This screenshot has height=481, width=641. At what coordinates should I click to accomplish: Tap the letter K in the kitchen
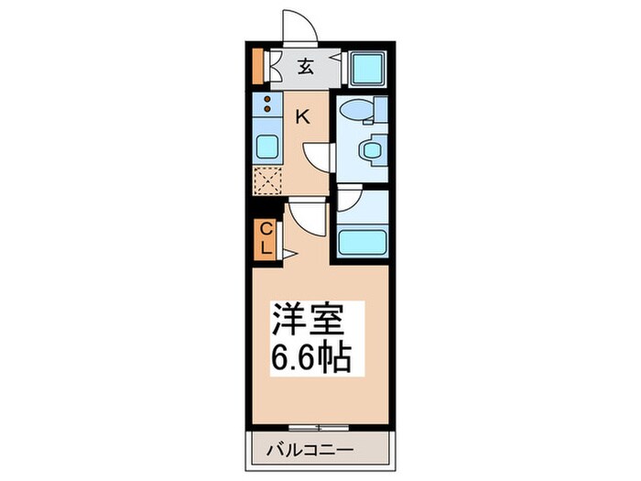[x=302, y=116]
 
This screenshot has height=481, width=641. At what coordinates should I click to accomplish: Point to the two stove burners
[x=267, y=104]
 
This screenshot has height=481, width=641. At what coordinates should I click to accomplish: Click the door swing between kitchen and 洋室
[x=307, y=218]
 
